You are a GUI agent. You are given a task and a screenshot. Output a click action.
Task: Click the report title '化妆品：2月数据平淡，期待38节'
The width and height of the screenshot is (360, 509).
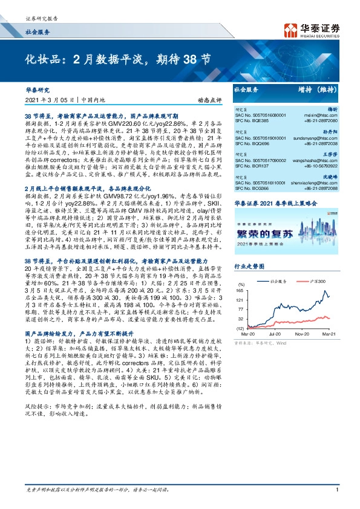tap(118, 60)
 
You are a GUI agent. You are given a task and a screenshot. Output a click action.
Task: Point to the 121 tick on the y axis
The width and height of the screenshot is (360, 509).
tap(240, 317)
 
